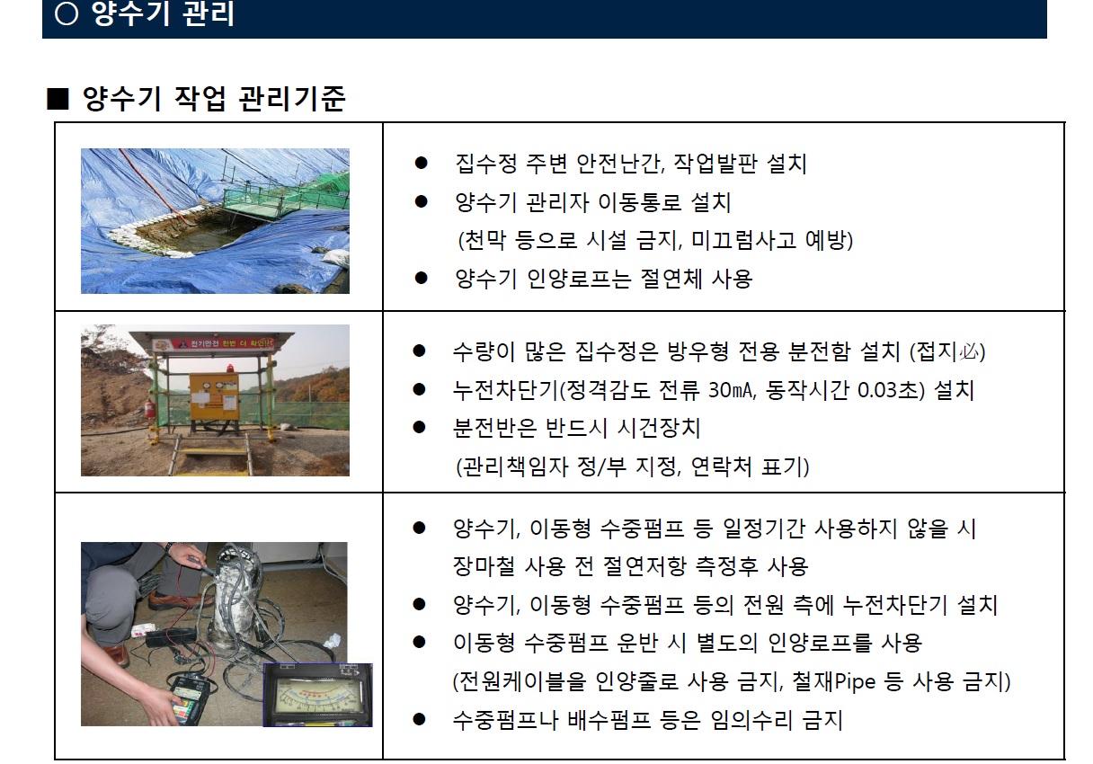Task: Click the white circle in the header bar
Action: click(x=67, y=13)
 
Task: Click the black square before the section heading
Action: click(x=58, y=99)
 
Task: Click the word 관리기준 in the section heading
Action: click(x=292, y=99)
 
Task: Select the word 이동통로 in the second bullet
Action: click(x=640, y=202)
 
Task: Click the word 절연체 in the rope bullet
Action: click(x=671, y=279)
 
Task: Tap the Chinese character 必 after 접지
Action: click(x=969, y=351)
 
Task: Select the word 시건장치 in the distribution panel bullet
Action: click(x=659, y=428)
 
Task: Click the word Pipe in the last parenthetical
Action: click(x=856, y=681)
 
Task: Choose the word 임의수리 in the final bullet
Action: click(x=751, y=720)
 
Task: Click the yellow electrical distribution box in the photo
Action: click(x=215, y=396)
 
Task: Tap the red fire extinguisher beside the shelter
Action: click(x=150, y=408)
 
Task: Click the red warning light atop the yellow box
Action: click(x=230, y=368)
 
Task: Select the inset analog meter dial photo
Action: click(x=317, y=695)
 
